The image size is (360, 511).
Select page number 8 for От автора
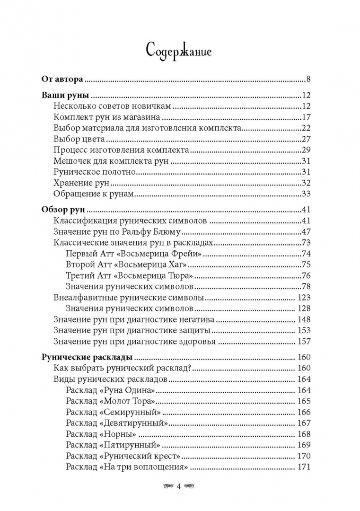click(x=307, y=79)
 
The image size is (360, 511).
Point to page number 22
click(x=305, y=128)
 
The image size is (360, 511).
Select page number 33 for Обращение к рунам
click(x=305, y=194)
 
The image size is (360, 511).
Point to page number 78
click(x=305, y=287)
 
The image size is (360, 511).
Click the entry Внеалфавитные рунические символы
click(x=129, y=298)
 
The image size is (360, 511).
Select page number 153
click(x=303, y=331)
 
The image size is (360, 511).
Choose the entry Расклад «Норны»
click(x=102, y=434)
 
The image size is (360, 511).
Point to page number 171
click(x=303, y=467)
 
